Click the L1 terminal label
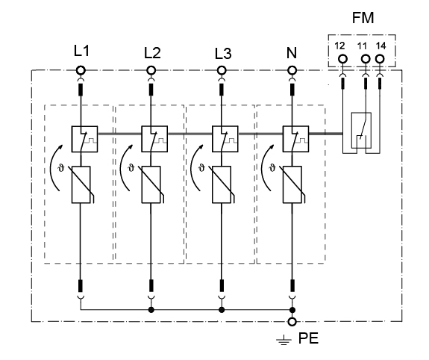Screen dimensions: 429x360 81,52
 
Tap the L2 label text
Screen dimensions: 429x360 152,53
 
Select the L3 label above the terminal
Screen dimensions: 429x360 223,54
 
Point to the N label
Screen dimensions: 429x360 292,53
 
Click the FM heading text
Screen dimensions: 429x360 363,18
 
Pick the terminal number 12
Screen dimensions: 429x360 339,46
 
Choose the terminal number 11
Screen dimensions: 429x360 362,46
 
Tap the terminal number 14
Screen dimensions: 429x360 381,46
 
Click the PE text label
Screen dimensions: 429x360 308,338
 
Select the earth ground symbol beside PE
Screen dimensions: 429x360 284,340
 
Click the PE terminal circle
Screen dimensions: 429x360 292,322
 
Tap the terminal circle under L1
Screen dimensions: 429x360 81,70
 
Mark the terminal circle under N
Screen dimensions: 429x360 292,70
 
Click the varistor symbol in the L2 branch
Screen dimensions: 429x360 151,184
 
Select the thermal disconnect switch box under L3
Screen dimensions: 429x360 225,139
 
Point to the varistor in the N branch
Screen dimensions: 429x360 292,184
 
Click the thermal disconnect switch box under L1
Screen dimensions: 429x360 84,139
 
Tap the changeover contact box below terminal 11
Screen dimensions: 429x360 361,130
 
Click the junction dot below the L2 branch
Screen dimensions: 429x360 151,310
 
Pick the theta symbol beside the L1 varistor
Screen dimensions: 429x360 60,168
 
